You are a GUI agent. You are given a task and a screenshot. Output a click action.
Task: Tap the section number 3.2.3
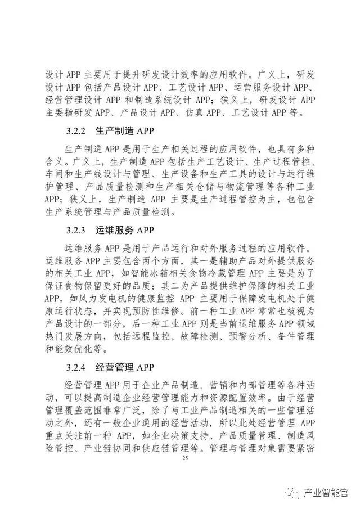pos(76,230)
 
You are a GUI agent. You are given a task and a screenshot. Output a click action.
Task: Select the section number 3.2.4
pos(76,368)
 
